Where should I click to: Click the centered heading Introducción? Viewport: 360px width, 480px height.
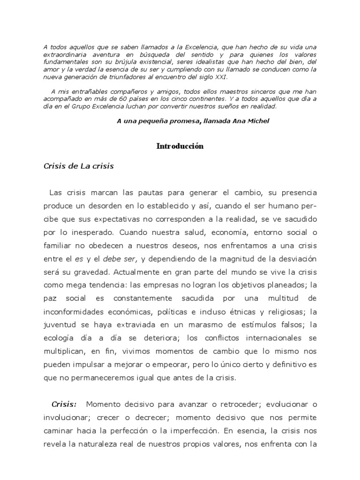click(180, 146)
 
